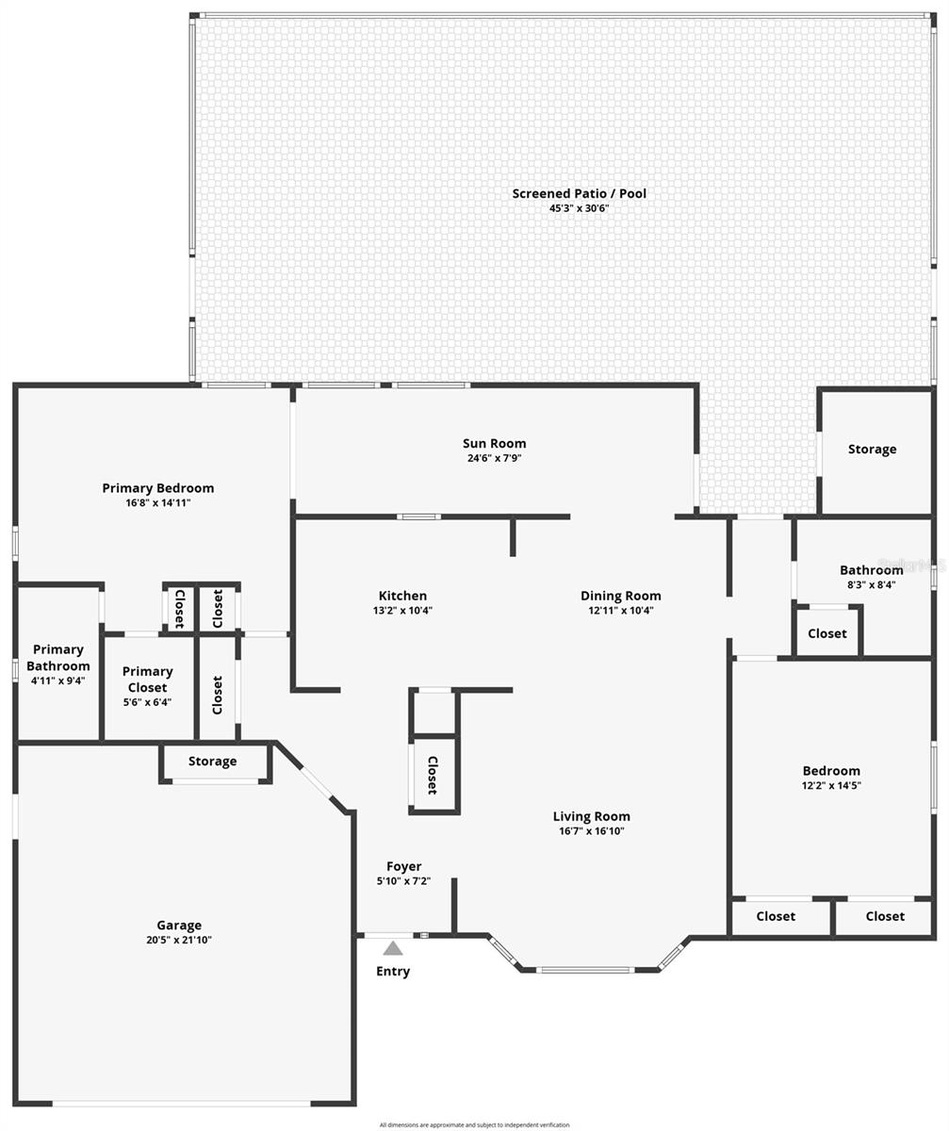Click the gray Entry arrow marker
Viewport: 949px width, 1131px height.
click(x=393, y=948)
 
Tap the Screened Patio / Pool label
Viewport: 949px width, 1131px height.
click(x=579, y=193)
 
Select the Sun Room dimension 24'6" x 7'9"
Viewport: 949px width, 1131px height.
click(x=494, y=458)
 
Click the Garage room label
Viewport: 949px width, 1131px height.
click(x=179, y=925)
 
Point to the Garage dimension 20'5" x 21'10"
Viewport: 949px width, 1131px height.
click(x=179, y=940)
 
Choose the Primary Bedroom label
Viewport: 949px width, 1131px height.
click(x=157, y=487)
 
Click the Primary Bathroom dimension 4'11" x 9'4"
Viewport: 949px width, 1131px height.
click(x=57, y=680)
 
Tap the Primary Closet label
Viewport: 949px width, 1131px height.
click(x=147, y=679)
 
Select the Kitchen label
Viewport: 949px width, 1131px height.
click(x=402, y=596)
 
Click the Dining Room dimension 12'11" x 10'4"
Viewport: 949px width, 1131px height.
click(x=620, y=611)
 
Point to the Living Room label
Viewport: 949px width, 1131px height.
click(x=591, y=816)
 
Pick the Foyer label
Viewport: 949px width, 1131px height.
click(x=403, y=866)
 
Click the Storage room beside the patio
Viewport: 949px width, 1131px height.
click(x=872, y=450)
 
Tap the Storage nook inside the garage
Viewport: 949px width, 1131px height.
click(x=212, y=762)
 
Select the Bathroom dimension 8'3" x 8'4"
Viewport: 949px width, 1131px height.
click(x=871, y=584)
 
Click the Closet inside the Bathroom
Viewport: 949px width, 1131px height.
click(x=826, y=633)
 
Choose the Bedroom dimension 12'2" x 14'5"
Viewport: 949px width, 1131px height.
click(x=831, y=785)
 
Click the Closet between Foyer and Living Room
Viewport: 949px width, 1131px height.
click(x=433, y=775)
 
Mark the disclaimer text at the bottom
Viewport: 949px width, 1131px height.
click(x=474, y=1124)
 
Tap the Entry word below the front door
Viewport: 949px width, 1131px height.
click(x=393, y=971)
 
